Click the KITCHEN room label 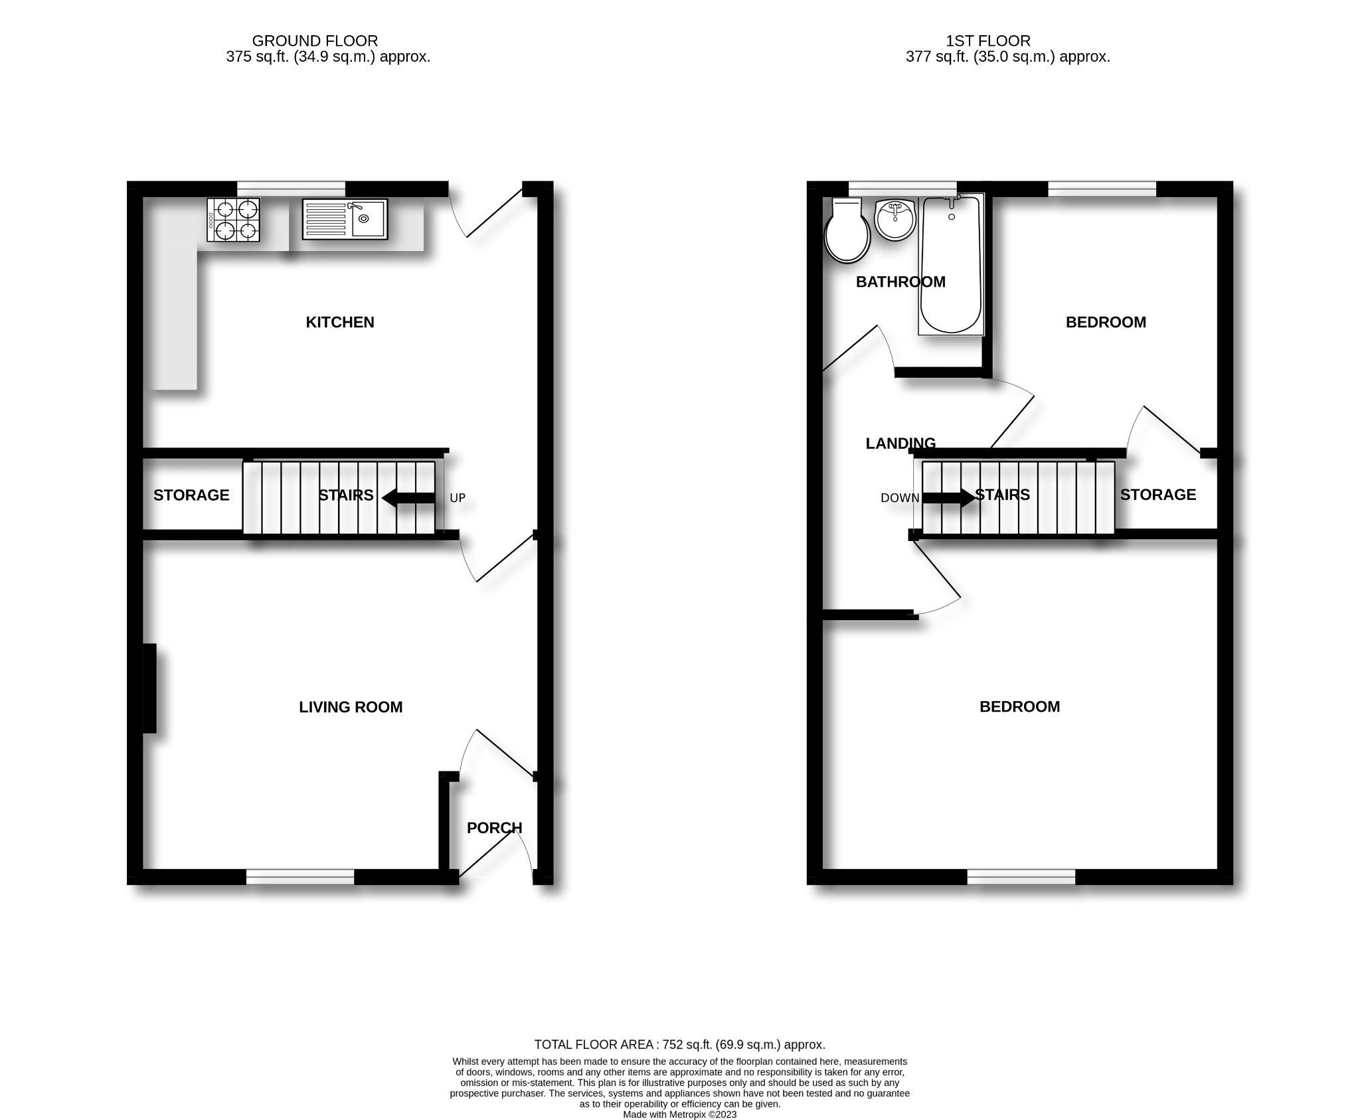pyautogui.click(x=339, y=322)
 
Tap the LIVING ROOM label pyautogui.click(x=351, y=707)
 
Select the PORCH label pyautogui.click(x=494, y=828)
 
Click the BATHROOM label pyautogui.click(x=900, y=281)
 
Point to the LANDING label pyautogui.click(x=900, y=443)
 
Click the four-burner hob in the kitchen pyautogui.click(x=233, y=220)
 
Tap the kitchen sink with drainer pyautogui.click(x=345, y=219)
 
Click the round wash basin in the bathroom pyautogui.click(x=895, y=220)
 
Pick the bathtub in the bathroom pyautogui.click(x=950, y=266)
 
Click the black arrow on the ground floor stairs pyautogui.click(x=408, y=498)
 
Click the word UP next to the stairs pyautogui.click(x=458, y=498)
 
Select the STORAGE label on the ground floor pyautogui.click(x=191, y=495)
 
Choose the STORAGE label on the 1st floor pyautogui.click(x=1158, y=495)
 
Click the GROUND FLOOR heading pyautogui.click(x=315, y=41)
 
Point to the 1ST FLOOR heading pyautogui.click(x=988, y=41)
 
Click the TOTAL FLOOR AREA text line pyautogui.click(x=680, y=1044)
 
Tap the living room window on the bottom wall pyautogui.click(x=300, y=877)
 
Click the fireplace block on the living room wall pyautogui.click(x=150, y=688)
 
